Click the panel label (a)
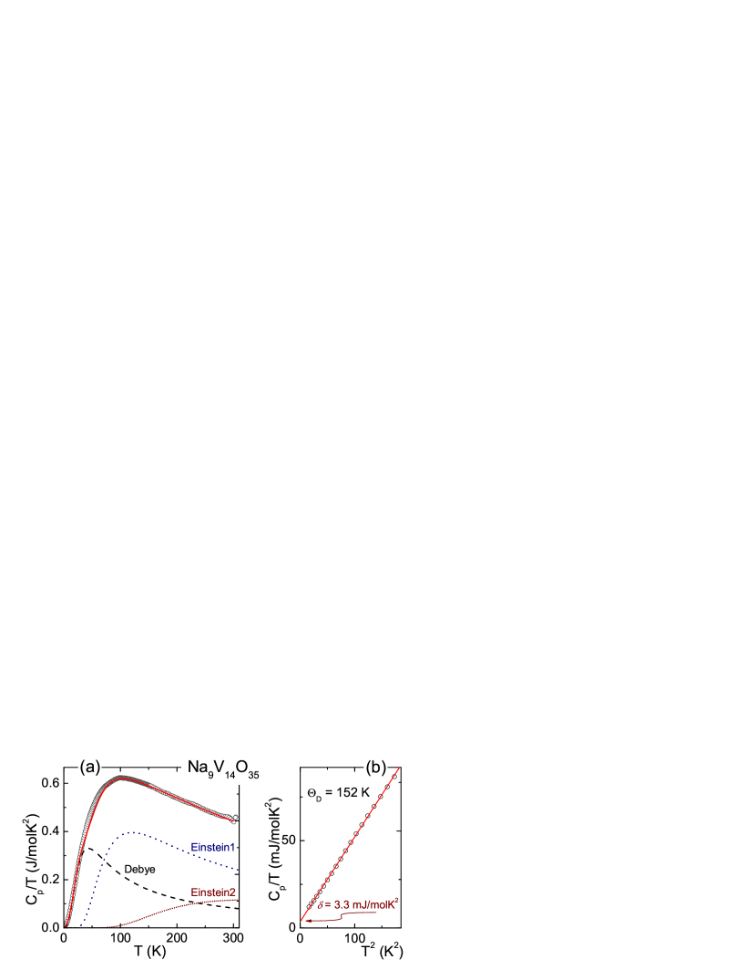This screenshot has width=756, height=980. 89,767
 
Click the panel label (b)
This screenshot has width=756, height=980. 375,767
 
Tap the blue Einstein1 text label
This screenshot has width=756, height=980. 213,847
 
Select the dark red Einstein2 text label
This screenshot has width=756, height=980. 213,892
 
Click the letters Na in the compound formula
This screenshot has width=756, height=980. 196,768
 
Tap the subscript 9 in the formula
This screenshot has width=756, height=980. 209,775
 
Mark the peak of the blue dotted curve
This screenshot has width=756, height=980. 133,831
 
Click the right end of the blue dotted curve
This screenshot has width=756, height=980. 238,869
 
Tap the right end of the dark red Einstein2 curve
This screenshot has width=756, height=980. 238,900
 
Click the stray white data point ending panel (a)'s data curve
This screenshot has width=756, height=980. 235,817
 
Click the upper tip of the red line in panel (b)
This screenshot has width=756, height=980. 400,766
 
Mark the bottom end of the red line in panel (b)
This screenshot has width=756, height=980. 301,920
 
